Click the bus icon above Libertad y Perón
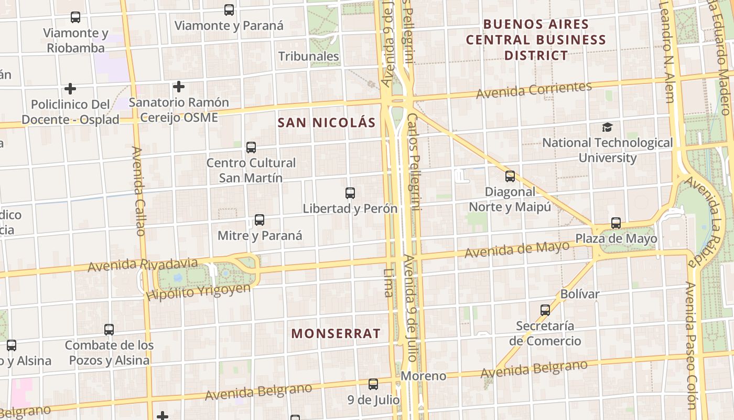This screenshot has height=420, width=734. (x=350, y=193)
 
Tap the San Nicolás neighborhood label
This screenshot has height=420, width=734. (x=326, y=123)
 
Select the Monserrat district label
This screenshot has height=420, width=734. (x=336, y=333)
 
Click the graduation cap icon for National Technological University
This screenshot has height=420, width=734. (x=607, y=127)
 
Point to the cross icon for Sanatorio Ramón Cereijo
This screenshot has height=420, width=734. (x=179, y=86)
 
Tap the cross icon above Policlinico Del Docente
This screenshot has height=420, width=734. (x=70, y=89)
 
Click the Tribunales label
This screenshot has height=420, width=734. (x=308, y=56)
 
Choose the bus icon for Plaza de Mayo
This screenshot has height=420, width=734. (x=616, y=223)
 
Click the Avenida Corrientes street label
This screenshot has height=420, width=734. (x=534, y=90)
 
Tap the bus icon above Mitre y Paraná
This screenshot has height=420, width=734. (x=260, y=220)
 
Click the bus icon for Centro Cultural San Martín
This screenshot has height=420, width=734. (x=251, y=148)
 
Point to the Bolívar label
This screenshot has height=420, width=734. (x=579, y=294)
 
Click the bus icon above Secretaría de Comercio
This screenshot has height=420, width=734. (x=545, y=310)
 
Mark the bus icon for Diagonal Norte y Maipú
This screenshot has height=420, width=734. (x=510, y=176)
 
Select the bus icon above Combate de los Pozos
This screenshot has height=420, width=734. (x=109, y=330)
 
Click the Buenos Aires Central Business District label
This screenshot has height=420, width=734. (x=536, y=39)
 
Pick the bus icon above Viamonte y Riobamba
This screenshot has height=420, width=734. (x=75, y=17)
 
